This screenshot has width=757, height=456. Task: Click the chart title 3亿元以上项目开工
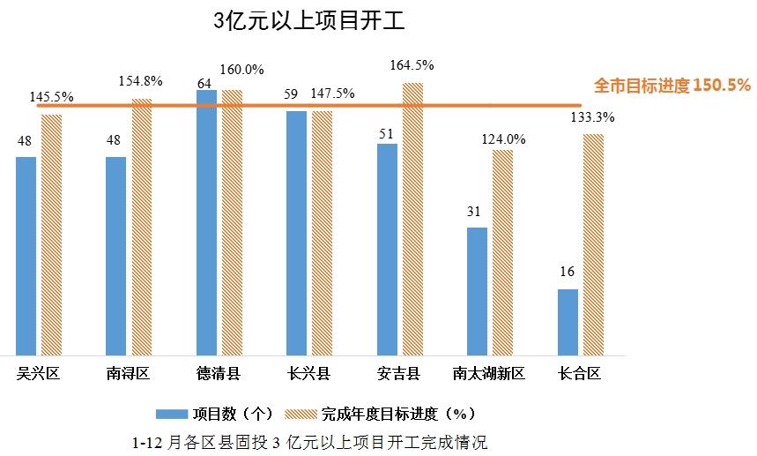309,22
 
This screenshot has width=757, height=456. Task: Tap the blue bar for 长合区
568,322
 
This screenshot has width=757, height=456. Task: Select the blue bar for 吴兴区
26,256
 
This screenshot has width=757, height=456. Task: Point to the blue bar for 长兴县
296,233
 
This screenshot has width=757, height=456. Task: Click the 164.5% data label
412,65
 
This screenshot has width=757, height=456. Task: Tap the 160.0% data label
242,70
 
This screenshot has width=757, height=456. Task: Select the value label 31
476,212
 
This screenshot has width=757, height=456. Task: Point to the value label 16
567,273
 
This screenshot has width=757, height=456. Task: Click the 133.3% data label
592,117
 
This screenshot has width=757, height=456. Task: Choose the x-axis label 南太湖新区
488,374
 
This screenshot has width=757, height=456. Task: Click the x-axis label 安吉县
398,374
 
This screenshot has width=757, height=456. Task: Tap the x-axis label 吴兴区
38,374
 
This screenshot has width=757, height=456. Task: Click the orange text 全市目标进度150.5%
672,86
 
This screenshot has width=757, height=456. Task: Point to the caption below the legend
309,441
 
